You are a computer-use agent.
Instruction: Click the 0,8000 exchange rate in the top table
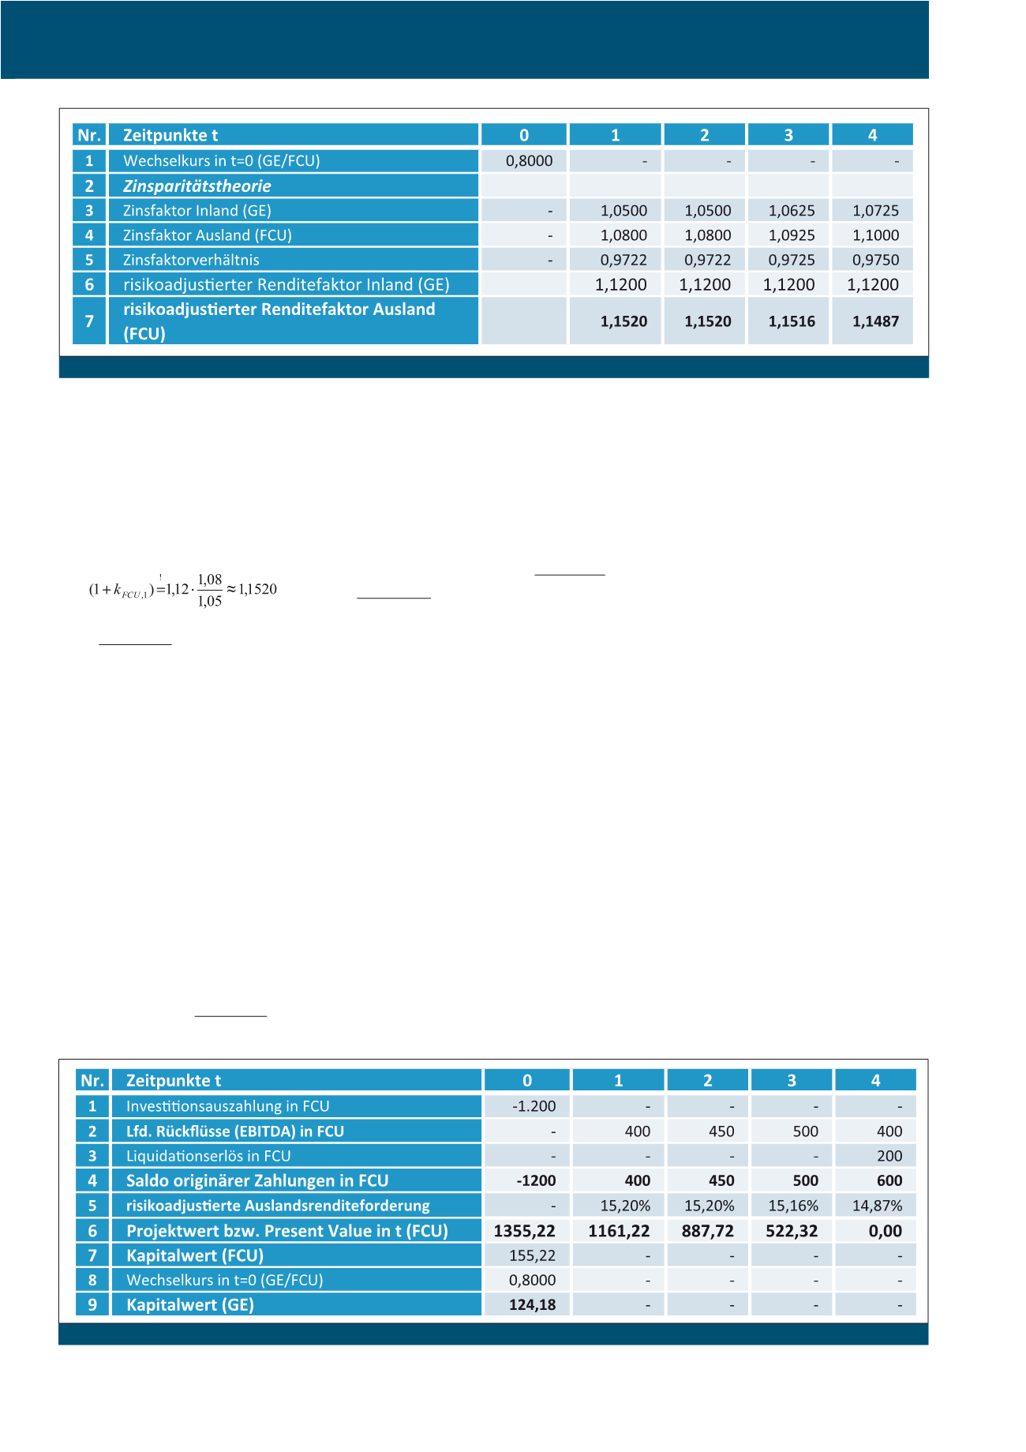pos(529,161)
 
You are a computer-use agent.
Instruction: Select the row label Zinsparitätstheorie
pos(197,186)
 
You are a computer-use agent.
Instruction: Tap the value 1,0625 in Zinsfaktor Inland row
pos(792,211)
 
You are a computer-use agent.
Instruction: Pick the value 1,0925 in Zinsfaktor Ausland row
pos(792,235)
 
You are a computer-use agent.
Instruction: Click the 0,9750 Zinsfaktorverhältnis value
pos(875,260)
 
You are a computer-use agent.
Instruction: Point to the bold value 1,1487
pos(875,321)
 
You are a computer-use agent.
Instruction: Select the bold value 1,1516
pos(792,321)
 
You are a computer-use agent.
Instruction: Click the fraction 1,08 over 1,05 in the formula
pos(210,590)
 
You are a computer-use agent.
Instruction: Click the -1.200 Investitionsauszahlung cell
pos(534,1106)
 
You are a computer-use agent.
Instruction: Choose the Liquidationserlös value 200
pos(889,1156)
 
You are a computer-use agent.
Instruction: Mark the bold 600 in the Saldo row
pos(889,1181)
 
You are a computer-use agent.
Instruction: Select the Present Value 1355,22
pos(524,1231)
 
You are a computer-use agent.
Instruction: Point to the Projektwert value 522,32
pos(792,1231)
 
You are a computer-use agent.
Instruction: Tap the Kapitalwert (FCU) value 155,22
pos(532,1255)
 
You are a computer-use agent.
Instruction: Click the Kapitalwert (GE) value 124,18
pos(532,1305)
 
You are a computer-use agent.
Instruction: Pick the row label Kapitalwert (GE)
pos(190,1305)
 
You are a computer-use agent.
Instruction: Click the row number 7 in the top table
pos(89,321)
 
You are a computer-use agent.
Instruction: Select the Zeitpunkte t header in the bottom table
pos(174,1081)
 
